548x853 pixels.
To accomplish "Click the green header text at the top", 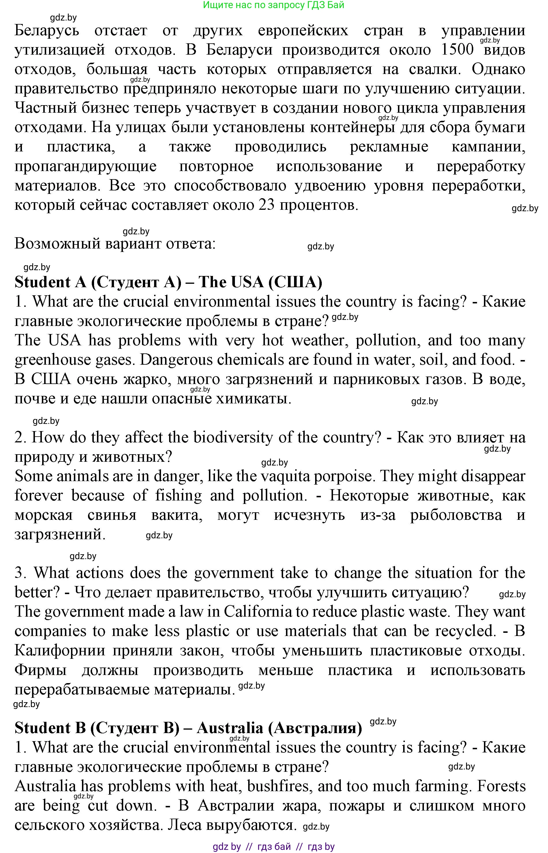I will point(273,5).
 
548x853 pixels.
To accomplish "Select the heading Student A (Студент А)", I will point(98,282).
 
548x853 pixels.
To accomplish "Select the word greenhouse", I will point(73,360).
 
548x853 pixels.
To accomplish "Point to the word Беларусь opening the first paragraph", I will point(47,31).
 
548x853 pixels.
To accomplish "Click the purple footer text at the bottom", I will point(273,847).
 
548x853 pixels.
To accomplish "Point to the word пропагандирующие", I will point(85,166).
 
